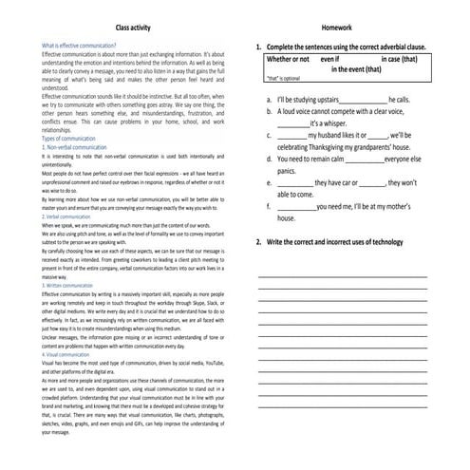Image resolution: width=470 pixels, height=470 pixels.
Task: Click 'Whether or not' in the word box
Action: point(289,59)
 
